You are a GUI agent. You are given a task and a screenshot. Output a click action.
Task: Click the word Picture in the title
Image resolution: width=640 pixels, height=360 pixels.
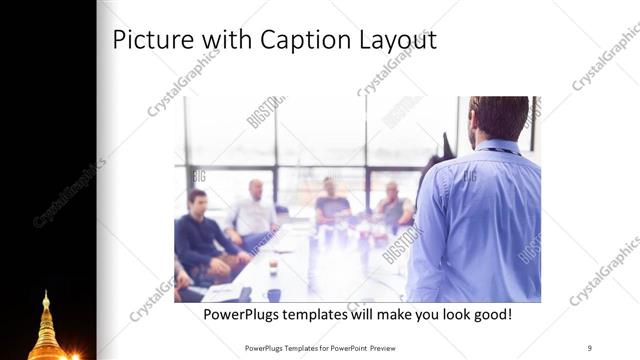tap(149, 40)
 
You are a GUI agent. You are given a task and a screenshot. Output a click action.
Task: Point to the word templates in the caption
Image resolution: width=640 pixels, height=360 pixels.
tap(321, 315)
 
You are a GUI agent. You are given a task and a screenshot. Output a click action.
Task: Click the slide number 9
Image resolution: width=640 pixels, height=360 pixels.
tap(589, 347)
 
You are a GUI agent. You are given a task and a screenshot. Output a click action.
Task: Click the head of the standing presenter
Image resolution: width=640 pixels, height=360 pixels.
tap(497, 116)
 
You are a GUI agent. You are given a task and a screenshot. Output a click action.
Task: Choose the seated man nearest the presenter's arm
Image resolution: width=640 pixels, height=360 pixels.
tap(392, 205)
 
